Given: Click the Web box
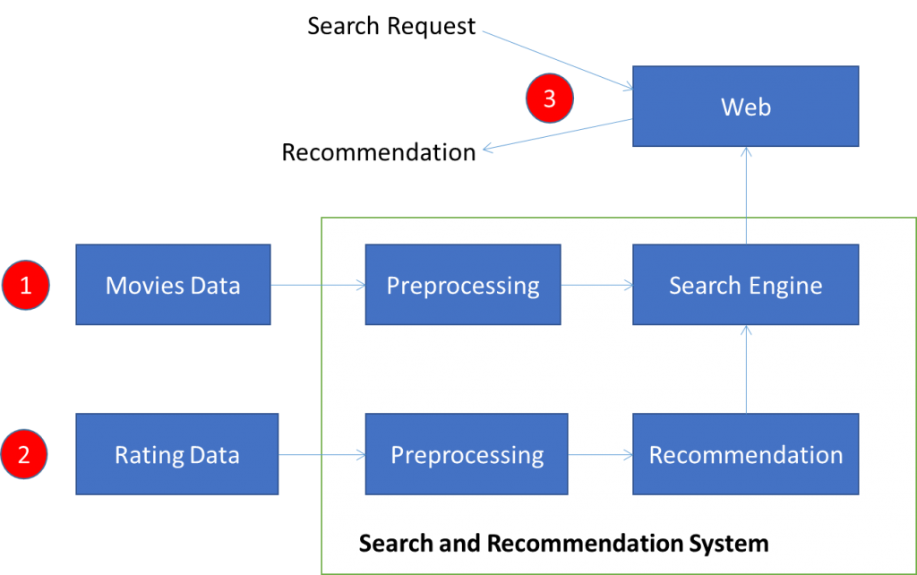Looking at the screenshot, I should (x=745, y=107).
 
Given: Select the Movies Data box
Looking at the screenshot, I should (x=173, y=286).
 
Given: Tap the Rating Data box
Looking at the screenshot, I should (x=176, y=455).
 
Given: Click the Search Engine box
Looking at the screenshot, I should (x=745, y=286).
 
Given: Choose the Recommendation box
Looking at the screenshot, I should (x=745, y=455).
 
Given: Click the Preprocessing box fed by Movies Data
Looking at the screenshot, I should (x=463, y=286).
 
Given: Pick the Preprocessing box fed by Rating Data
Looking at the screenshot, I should (x=467, y=455).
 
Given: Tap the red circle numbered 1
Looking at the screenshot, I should (x=25, y=286).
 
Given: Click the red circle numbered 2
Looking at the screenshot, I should (x=24, y=454).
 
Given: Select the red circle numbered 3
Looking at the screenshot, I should (x=549, y=99).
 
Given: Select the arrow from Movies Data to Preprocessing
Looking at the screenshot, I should (x=318, y=286).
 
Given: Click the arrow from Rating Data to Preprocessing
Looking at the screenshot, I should (x=322, y=455).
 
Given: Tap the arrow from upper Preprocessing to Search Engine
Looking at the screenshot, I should (x=596, y=286).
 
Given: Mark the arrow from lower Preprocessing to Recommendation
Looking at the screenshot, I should (x=600, y=455).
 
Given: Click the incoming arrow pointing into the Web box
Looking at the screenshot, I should (x=557, y=60).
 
